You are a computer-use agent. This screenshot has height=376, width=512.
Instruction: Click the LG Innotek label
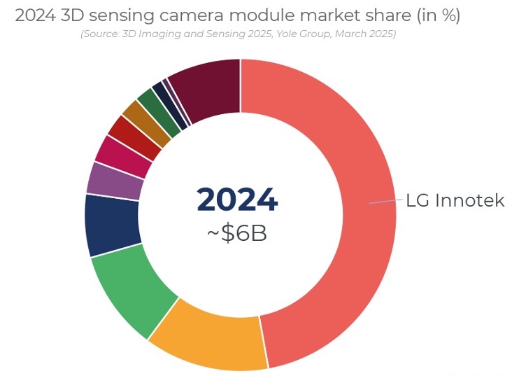pos(455,200)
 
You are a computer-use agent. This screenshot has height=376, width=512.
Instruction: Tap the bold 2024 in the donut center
pos(238,200)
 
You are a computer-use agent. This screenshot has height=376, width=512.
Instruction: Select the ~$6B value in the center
pos(237,233)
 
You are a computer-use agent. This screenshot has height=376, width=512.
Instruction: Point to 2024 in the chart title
pos(34,16)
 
